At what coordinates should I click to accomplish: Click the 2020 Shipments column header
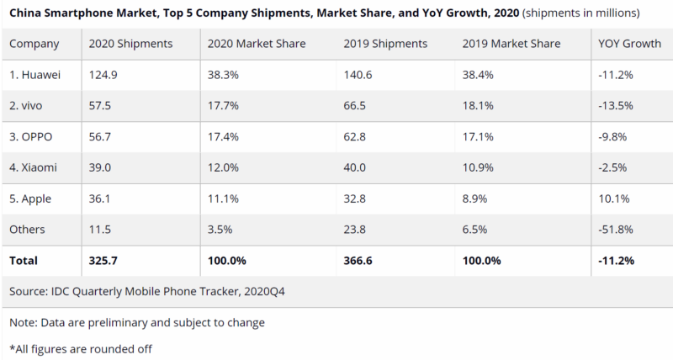pyautogui.click(x=130, y=43)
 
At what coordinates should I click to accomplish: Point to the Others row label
pyautogui.click(x=27, y=230)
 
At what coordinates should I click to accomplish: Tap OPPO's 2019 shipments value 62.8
pyautogui.click(x=357, y=136)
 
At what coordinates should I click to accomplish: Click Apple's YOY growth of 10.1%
pyautogui.click(x=611, y=199)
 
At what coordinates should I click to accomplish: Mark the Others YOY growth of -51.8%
pyautogui.click(x=614, y=230)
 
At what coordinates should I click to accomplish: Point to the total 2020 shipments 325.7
pyautogui.click(x=107, y=261)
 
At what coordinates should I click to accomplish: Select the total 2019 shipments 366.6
pyautogui.click(x=362, y=261)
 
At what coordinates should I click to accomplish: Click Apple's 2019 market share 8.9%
pyautogui.click(x=475, y=199)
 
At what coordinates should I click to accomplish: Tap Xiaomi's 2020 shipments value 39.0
pyautogui.click(x=103, y=167)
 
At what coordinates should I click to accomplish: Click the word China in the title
pyautogui.click(x=26, y=13)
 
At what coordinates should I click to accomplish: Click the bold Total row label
pyautogui.click(x=24, y=261)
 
